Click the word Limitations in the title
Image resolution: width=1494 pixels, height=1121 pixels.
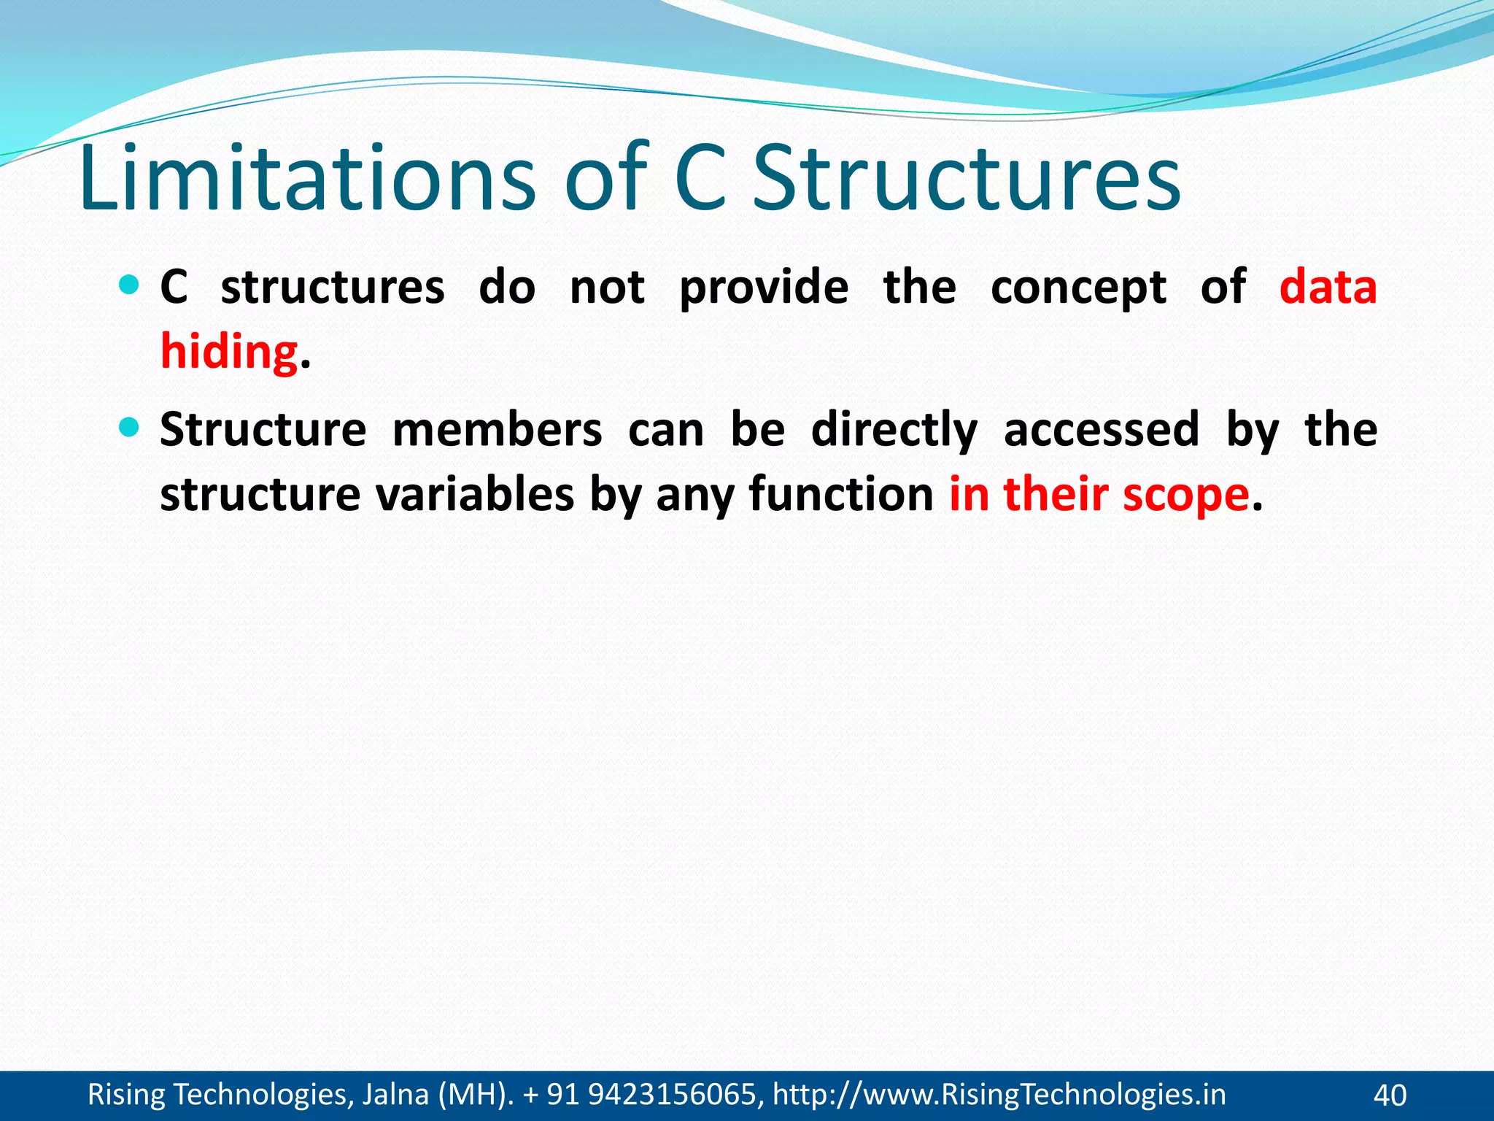click(307, 179)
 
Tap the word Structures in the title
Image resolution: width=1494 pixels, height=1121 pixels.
click(966, 179)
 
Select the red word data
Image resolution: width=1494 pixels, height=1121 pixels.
click(1328, 287)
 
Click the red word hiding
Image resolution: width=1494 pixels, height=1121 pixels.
click(229, 352)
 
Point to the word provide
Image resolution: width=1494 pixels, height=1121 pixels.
click(764, 287)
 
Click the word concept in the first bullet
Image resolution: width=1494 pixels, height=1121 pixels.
click(1078, 287)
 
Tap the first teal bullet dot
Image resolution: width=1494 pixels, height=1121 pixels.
click(128, 285)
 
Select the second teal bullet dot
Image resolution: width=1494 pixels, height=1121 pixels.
click(128, 427)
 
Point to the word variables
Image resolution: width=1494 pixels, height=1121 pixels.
click(476, 494)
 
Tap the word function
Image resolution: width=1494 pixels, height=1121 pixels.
click(841, 494)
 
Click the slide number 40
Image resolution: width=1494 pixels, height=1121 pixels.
click(1390, 1095)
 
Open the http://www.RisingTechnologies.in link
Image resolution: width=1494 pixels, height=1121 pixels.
click(999, 1095)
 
